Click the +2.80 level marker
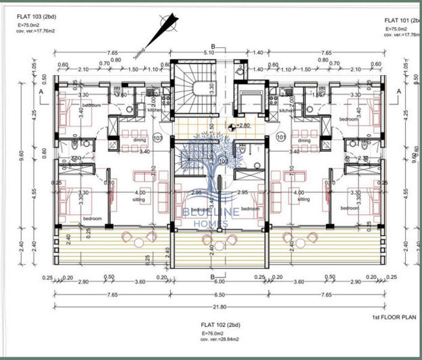pyautogui.click(x=242, y=126)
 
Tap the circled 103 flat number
pyautogui.click(x=159, y=137)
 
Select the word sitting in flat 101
pyautogui.click(x=303, y=200)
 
